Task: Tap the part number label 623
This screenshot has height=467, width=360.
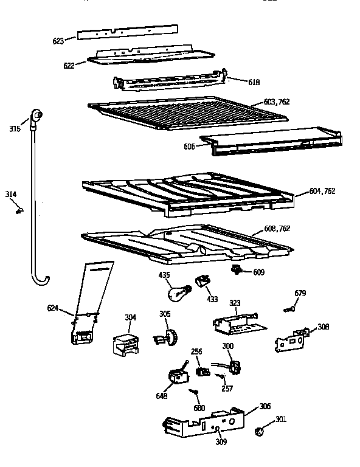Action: pyautogui.click(x=58, y=41)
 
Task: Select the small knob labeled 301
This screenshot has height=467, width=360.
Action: pyautogui.click(x=258, y=432)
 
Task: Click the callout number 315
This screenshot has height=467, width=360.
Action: pyautogui.click(x=15, y=128)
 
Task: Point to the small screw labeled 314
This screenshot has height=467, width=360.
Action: pyautogui.click(x=20, y=210)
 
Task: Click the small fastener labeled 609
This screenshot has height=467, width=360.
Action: pyautogui.click(x=237, y=269)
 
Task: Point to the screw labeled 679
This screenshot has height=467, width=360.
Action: pyautogui.click(x=289, y=310)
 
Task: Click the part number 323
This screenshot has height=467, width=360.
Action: pyautogui.click(x=235, y=302)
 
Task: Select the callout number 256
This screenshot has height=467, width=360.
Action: pyautogui.click(x=196, y=351)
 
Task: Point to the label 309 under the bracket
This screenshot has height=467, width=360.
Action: pyautogui.click(x=221, y=441)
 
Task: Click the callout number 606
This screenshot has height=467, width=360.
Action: pyautogui.click(x=189, y=147)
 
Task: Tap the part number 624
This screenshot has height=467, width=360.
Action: pyautogui.click(x=53, y=308)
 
